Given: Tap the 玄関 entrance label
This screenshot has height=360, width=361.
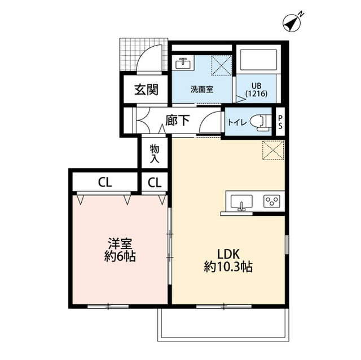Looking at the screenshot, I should tap(146, 89).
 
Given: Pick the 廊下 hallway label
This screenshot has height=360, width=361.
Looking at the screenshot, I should tap(177, 121).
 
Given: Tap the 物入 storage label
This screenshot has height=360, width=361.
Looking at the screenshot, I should tap(155, 154).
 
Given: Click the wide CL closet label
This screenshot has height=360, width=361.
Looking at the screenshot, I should tap(104, 182).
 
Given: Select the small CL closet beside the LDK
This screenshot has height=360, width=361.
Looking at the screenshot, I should tap(155, 182).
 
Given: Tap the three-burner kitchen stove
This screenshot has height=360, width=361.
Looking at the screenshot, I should tap(272, 202).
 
